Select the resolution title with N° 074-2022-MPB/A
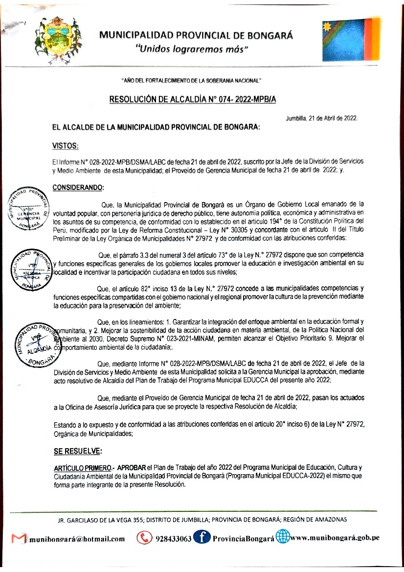pyautogui.click(x=193, y=99)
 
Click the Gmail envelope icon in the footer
pyautogui.click(x=19, y=539)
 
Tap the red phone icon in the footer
pyautogui.click(x=144, y=538)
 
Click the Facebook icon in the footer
pyautogui.click(x=201, y=538)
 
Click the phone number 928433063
pyautogui.click(x=173, y=539)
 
